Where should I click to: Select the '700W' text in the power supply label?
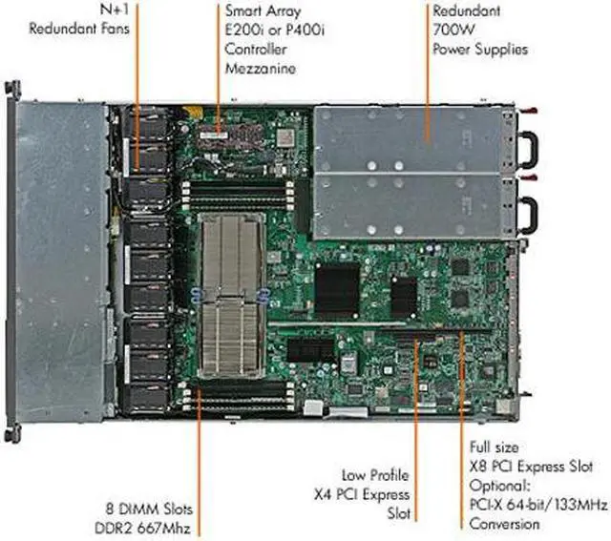(452, 30)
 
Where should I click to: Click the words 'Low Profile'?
(375, 474)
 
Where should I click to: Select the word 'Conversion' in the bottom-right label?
(504, 524)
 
